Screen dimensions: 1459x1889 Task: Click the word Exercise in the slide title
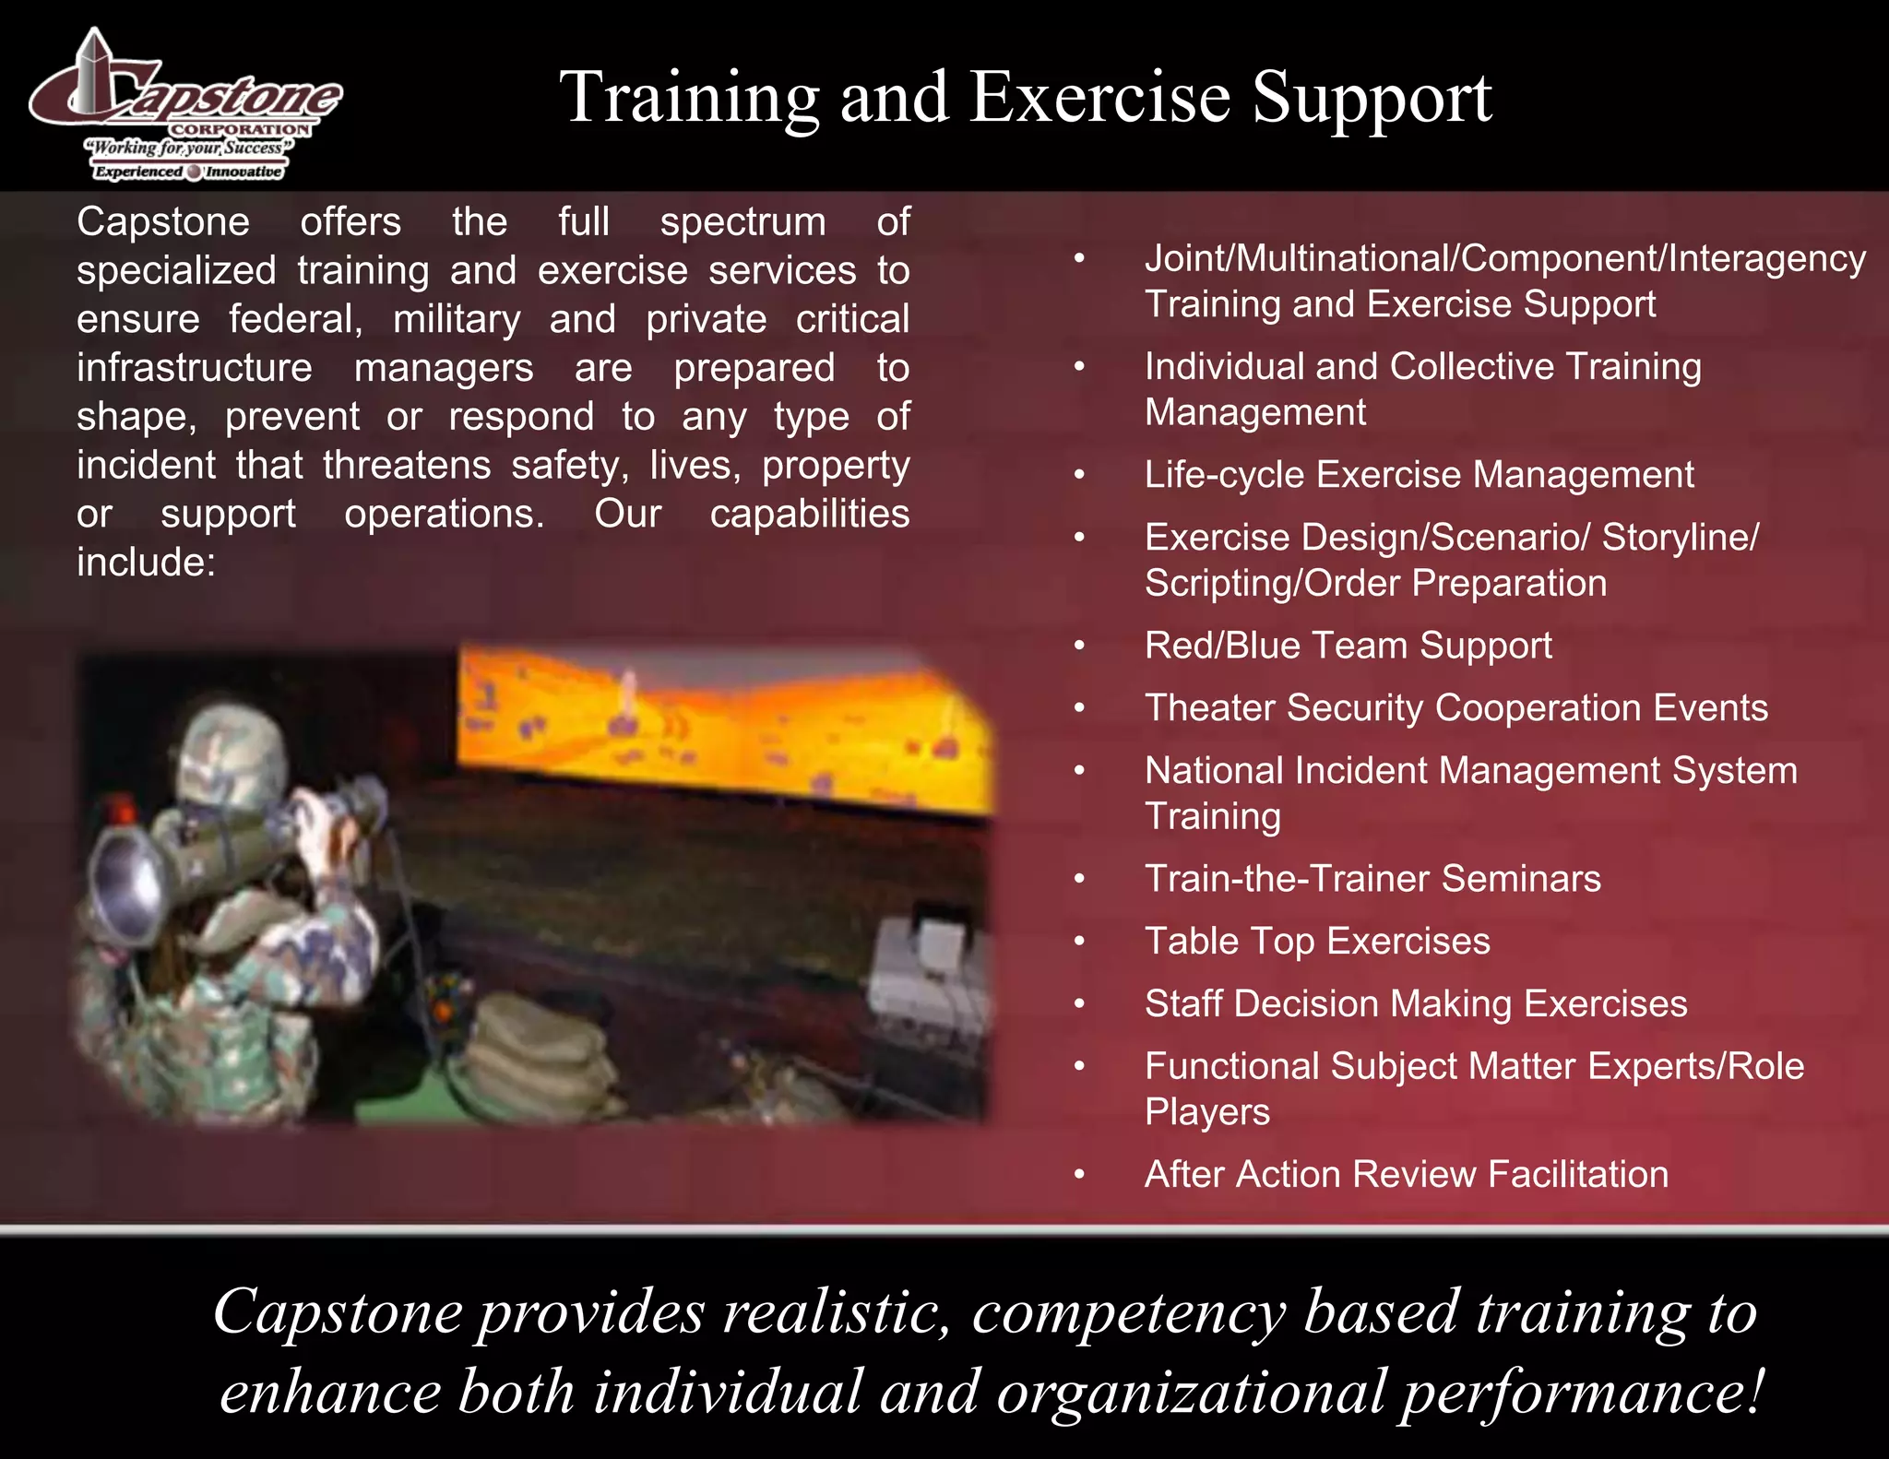(x=1100, y=98)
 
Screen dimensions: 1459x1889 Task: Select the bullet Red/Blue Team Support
(x=1348, y=646)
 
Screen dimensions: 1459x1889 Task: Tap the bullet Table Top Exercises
(x=1317, y=942)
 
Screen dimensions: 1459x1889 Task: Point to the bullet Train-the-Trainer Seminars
(x=1372, y=879)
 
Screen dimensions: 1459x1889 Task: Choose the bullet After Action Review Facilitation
(x=1407, y=1175)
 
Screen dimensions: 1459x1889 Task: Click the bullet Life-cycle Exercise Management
(x=1419, y=475)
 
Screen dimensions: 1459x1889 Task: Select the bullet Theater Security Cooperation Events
(x=1456, y=708)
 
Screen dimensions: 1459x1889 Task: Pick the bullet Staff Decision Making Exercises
(x=1416, y=1004)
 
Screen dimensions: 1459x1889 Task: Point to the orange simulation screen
(x=719, y=729)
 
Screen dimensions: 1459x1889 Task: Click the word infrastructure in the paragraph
(x=195, y=368)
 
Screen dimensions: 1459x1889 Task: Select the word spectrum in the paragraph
(x=743, y=222)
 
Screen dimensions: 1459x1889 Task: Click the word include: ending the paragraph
(x=146, y=563)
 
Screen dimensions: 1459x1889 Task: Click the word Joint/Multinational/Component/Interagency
(x=1505, y=259)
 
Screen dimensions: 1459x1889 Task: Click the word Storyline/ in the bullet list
(x=1680, y=538)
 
